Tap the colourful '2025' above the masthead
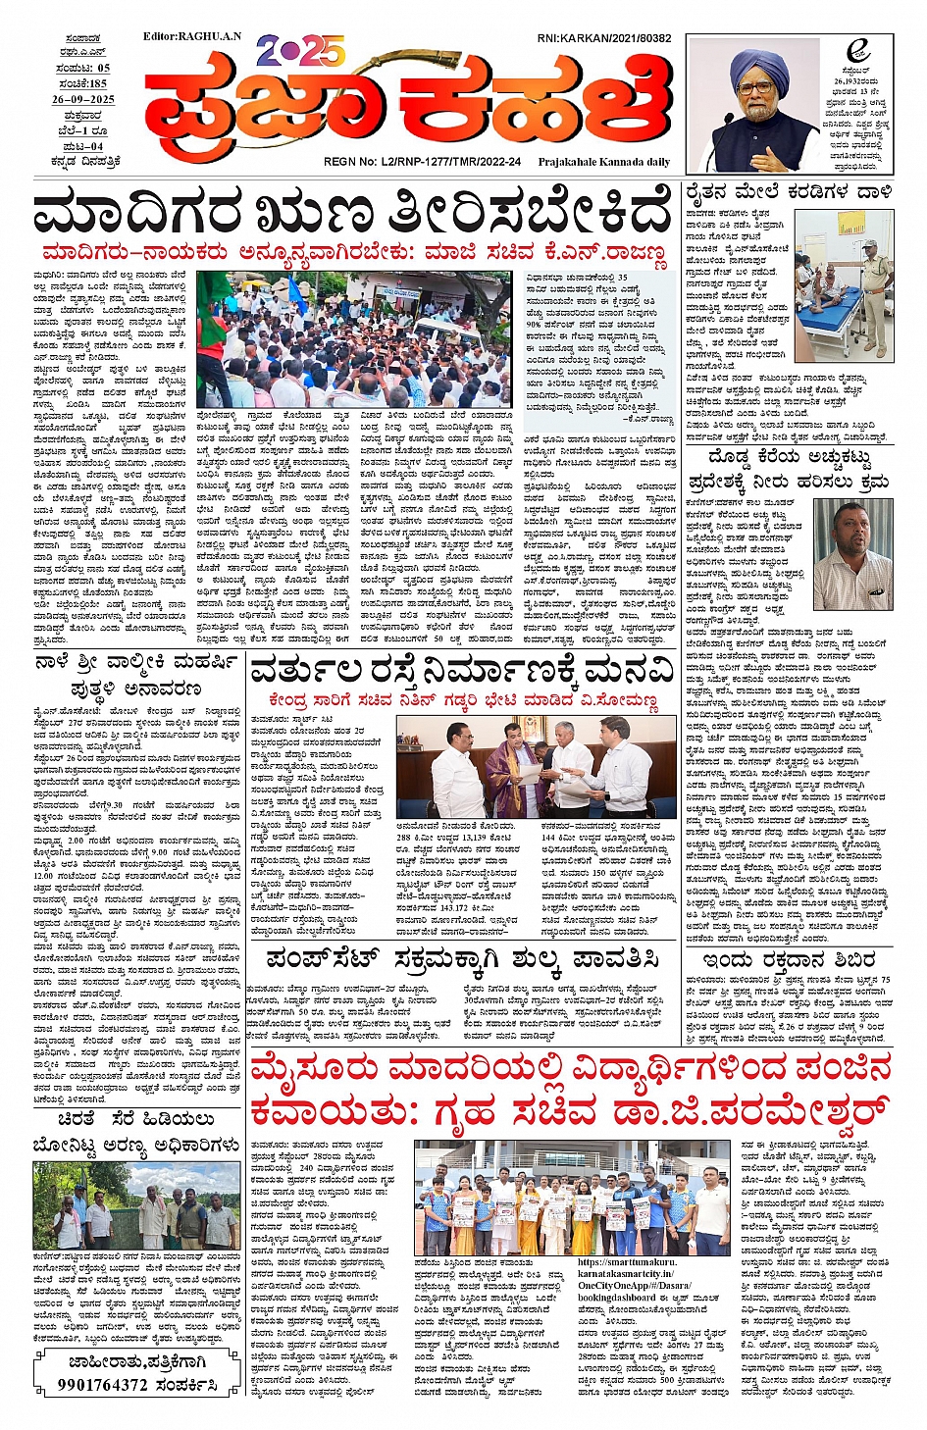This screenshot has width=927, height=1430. coord(299,49)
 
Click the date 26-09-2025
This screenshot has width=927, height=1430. coord(83,99)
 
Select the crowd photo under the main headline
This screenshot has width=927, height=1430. coord(350,338)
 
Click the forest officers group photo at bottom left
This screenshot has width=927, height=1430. coord(136,1205)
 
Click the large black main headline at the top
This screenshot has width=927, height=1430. coord(353,213)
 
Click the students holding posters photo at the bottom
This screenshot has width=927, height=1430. coord(574,1199)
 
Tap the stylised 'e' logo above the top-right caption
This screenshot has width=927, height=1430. coord(858,52)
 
